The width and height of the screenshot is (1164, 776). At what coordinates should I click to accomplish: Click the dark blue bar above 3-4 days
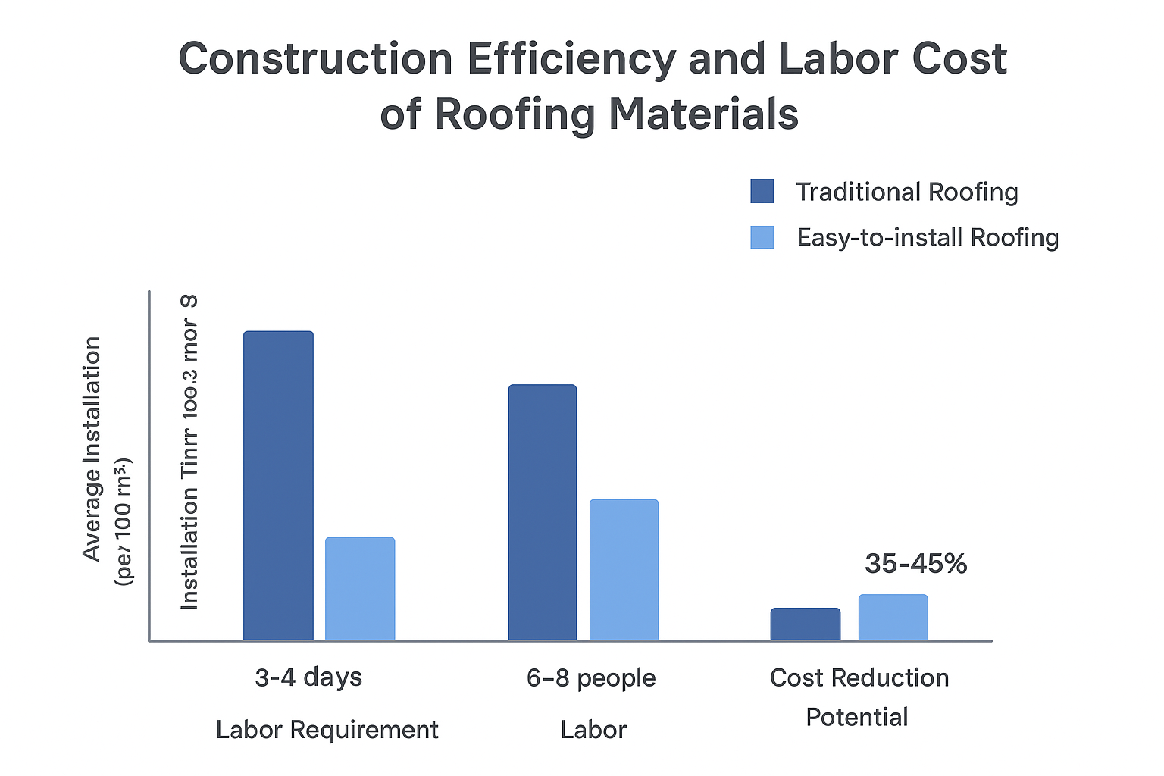[x=278, y=486]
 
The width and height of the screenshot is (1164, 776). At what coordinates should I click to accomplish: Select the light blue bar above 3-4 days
[x=360, y=589]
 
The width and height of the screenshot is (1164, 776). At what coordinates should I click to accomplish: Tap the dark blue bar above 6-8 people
[x=543, y=512]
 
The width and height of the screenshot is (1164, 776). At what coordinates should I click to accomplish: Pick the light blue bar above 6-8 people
[x=624, y=570]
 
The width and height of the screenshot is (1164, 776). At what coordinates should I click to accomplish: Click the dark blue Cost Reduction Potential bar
[x=806, y=624]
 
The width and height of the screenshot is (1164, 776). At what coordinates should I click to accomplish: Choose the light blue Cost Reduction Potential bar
[x=893, y=618]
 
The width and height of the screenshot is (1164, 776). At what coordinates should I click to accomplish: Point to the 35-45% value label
[x=915, y=564]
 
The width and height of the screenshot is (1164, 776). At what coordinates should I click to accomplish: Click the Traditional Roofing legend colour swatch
[x=762, y=192]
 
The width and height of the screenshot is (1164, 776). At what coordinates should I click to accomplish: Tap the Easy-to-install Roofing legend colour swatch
[x=762, y=237]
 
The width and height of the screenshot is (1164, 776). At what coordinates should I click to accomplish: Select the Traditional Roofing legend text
[x=906, y=192]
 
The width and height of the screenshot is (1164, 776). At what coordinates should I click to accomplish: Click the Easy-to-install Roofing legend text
[x=928, y=238]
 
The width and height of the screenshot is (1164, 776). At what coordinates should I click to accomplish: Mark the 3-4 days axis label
[x=308, y=677]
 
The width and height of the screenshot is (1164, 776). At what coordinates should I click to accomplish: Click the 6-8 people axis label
[x=591, y=677]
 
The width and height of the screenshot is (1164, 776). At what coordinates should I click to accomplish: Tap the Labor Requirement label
[x=327, y=730]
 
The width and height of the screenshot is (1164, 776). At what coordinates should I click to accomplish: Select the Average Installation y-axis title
[x=92, y=449]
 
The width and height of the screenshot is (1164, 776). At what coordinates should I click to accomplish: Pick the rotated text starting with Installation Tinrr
[x=189, y=452]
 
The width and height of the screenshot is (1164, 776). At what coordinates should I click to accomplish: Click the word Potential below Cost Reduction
[x=856, y=717]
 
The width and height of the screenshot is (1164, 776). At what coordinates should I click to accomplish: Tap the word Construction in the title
[x=315, y=59]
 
